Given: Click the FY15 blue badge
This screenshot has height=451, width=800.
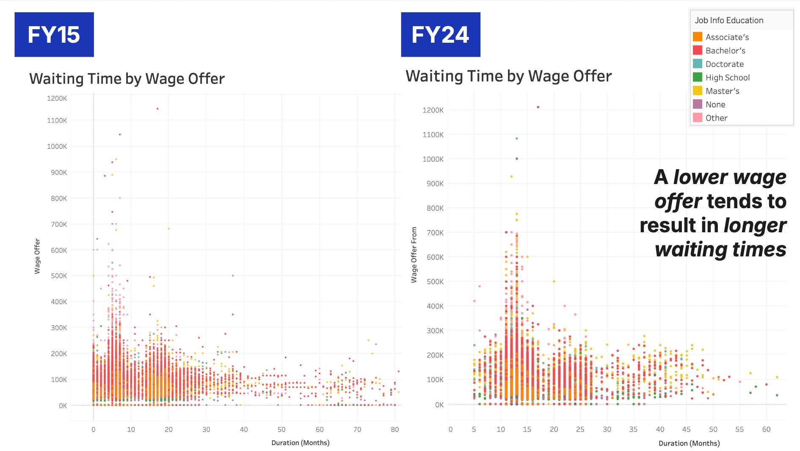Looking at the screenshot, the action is click(54, 35).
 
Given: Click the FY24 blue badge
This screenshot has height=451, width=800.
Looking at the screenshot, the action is click(441, 35).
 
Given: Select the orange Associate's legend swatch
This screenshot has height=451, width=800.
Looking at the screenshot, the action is click(698, 37).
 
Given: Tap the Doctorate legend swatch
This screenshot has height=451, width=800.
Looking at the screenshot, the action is click(698, 64).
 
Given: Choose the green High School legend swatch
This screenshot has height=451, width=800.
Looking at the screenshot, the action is click(698, 77).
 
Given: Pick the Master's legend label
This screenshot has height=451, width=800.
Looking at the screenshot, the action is click(723, 91).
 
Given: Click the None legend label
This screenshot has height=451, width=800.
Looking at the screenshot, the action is click(715, 104).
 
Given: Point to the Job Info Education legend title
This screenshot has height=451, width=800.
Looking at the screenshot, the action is click(729, 20).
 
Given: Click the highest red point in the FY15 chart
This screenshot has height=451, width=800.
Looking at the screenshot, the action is click(157, 109).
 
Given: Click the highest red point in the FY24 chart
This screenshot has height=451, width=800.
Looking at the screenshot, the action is click(538, 107).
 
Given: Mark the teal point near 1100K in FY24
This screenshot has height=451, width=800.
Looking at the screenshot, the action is click(517, 138).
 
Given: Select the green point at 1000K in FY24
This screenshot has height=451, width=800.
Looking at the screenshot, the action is click(517, 159).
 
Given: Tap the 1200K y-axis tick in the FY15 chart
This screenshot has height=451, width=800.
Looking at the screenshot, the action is click(57, 99).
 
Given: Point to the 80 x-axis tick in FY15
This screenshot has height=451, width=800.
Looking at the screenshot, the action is click(395, 429).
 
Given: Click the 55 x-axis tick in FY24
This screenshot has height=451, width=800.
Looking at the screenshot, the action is click(739, 429).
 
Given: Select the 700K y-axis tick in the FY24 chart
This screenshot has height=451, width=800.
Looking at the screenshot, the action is click(435, 233).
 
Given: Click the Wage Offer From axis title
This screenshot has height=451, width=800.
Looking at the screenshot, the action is click(414, 255).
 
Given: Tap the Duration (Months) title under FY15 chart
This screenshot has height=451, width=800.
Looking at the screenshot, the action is click(301, 443).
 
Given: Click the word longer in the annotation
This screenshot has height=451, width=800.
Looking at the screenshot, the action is click(755, 225).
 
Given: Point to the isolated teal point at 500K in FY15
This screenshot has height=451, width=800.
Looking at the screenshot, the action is click(233, 275).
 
